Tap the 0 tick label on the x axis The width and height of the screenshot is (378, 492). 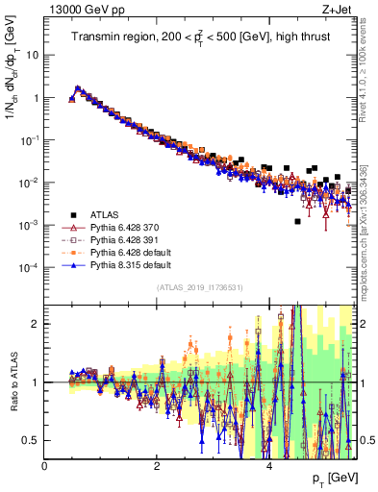pos(44,466)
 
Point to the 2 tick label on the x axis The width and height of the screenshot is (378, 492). pos(157,466)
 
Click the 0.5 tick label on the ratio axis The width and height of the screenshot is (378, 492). pos(31,440)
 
